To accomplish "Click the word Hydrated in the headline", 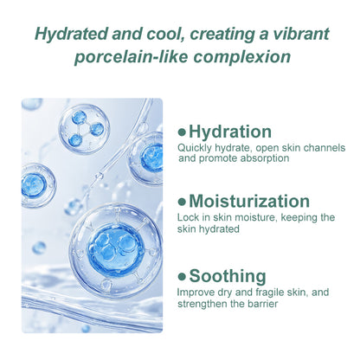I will [72, 34].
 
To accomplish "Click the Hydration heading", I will [229, 132].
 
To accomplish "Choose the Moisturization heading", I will [249, 202].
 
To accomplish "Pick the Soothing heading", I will [227, 276].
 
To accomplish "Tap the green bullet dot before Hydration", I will [182, 132].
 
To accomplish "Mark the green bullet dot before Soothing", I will [182, 277].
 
